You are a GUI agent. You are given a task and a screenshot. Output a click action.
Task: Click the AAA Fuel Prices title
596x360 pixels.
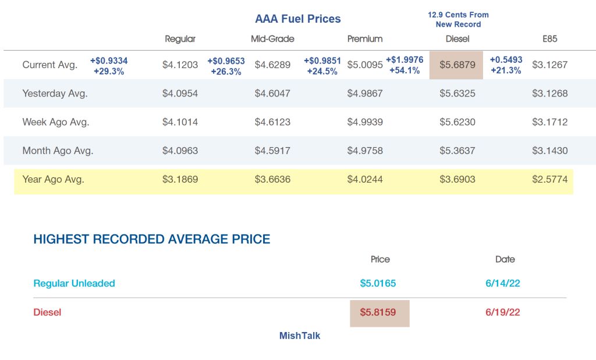click(x=297, y=19)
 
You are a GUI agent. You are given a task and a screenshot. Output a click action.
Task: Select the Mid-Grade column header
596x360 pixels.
click(x=272, y=39)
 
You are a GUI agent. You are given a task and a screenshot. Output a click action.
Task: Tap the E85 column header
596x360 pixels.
click(x=549, y=39)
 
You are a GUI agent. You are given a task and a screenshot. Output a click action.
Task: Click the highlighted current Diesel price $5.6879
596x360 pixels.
click(x=457, y=65)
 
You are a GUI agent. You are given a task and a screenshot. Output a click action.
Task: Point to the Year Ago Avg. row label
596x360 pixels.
click(x=53, y=179)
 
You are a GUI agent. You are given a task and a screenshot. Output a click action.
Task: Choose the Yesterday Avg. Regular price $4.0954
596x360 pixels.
click(x=180, y=94)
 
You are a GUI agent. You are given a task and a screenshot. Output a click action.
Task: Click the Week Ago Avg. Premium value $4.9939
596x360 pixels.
click(x=365, y=122)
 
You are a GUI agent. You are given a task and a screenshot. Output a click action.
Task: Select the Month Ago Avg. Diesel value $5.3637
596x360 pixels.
click(x=457, y=151)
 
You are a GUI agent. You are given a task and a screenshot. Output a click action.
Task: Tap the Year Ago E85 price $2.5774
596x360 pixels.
click(x=549, y=179)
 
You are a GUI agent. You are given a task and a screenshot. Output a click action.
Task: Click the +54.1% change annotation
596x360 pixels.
click(x=405, y=70)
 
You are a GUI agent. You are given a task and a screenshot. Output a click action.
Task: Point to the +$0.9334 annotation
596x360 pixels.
click(x=109, y=60)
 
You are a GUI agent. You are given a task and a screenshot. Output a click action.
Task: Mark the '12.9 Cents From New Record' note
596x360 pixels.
click(x=458, y=19)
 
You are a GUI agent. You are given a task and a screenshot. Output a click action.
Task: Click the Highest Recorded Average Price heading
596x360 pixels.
click(x=152, y=239)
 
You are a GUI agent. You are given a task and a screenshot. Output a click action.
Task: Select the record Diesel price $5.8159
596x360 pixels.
click(x=378, y=312)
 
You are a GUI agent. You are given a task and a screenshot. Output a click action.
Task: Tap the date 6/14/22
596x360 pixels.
click(x=502, y=283)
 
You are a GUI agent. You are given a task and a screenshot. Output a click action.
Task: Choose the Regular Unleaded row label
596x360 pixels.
click(x=74, y=283)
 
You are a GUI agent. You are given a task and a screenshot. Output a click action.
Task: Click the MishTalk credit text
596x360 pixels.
click(x=300, y=336)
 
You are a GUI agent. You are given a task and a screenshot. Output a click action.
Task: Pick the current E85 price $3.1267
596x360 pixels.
click(x=549, y=65)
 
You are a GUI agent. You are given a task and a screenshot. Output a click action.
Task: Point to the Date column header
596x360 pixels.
click(x=505, y=259)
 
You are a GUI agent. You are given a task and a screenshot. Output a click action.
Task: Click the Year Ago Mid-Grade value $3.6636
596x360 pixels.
click(x=272, y=179)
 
